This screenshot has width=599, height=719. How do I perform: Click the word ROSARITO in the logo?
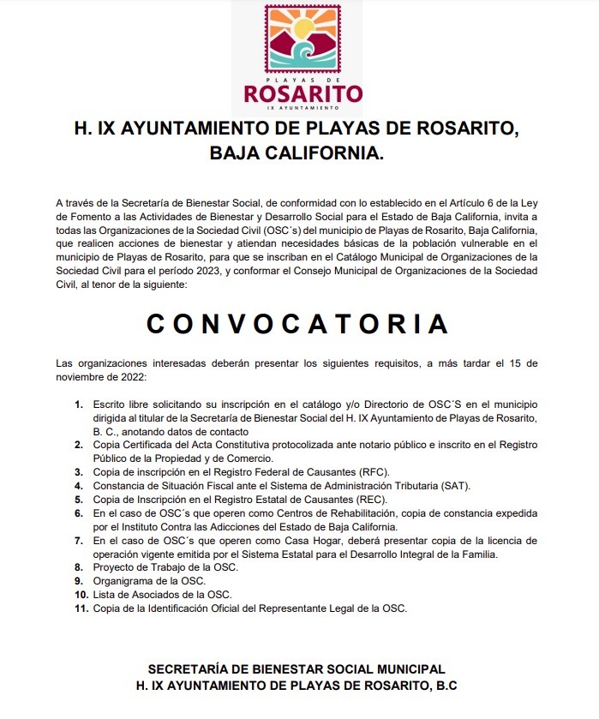pyautogui.click(x=302, y=93)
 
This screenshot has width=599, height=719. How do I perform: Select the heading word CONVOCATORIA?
pyautogui.click(x=298, y=325)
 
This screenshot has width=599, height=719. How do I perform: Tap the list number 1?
pyautogui.click(x=78, y=404)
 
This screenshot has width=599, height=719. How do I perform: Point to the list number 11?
pyautogui.click(x=81, y=608)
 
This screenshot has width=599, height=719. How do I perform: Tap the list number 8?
pyautogui.click(x=78, y=567)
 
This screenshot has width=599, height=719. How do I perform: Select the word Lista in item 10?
pyautogui.click(x=105, y=595)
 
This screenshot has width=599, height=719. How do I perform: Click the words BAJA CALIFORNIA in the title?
pyautogui.click(x=298, y=156)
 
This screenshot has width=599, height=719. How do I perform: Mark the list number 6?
pyautogui.click(x=78, y=512)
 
